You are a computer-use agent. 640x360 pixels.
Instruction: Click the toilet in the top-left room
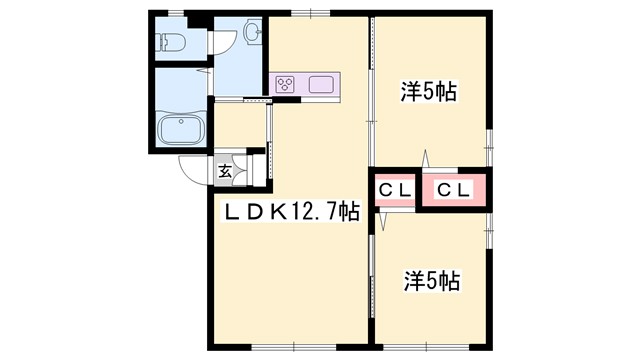pos(170,41)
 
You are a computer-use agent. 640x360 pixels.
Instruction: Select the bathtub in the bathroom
pos(181,129)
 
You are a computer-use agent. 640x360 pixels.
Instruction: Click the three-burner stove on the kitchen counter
pos(286,84)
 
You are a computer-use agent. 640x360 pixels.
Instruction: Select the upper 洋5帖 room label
pos(429,92)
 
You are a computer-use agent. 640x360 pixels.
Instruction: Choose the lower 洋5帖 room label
pos(431,280)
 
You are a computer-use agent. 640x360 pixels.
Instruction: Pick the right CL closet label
pos(454,189)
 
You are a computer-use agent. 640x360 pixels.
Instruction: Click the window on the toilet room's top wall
pos(176,13)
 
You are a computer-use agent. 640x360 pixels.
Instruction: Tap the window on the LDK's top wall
pos(318,13)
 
